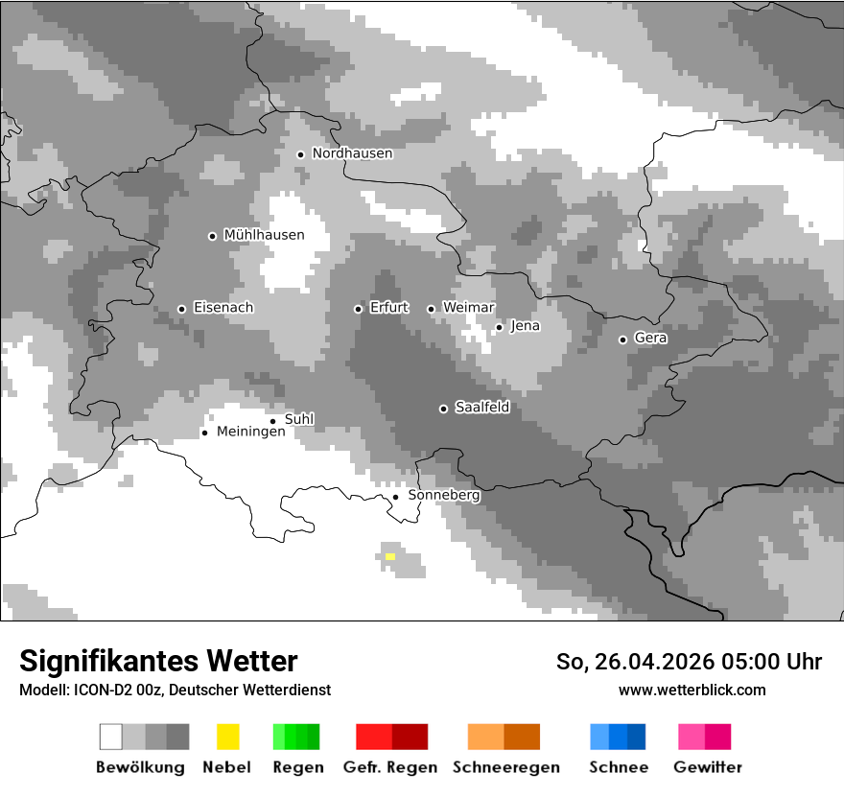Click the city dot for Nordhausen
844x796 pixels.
[300, 154]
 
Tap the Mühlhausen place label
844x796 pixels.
[264, 235]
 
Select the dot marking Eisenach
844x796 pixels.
[181, 309]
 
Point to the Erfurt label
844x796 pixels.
[389, 308]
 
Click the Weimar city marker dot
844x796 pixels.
[431, 309]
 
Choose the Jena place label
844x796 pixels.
[526, 326]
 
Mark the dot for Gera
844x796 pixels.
[622, 339]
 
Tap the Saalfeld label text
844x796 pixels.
[481, 408]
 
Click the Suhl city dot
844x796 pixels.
[272, 421]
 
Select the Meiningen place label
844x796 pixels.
[250, 433]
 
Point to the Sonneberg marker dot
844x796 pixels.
[395, 497]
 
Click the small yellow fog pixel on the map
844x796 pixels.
[389, 556]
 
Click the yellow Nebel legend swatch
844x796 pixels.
[227, 737]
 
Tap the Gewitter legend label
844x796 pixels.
[708, 767]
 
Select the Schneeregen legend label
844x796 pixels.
[506, 767]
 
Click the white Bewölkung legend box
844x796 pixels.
[111, 737]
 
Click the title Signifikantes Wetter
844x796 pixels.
[158, 661]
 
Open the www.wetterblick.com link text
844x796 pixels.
[692, 690]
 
